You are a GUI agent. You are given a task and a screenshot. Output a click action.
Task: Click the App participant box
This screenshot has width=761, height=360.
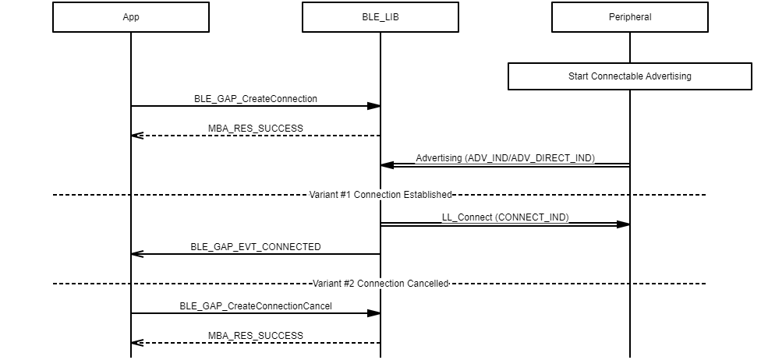(x=131, y=17)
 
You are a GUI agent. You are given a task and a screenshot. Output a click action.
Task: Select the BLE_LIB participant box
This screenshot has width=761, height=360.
(x=380, y=17)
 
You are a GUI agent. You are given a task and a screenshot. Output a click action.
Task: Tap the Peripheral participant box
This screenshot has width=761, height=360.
(x=629, y=17)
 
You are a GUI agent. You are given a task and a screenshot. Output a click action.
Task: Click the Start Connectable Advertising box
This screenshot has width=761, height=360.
(x=629, y=76)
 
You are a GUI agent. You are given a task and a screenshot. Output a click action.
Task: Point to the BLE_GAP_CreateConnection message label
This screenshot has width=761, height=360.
(x=256, y=99)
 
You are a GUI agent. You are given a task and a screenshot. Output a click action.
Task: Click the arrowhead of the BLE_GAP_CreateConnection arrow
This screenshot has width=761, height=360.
(x=373, y=106)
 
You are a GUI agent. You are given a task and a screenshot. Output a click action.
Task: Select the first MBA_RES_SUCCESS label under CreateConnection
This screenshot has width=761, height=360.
(x=256, y=129)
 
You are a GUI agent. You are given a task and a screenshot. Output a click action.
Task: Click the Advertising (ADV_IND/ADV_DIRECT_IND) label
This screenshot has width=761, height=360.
(x=505, y=158)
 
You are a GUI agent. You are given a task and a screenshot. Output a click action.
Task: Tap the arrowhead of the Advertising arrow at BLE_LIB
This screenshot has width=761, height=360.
(x=388, y=165)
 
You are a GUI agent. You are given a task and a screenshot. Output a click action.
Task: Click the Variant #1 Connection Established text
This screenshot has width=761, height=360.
(x=380, y=194)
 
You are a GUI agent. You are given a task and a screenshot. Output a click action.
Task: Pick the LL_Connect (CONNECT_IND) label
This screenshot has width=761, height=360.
(x=505, y=217)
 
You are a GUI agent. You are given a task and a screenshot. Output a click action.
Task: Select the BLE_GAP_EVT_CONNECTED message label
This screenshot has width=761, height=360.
(x=256, y=247)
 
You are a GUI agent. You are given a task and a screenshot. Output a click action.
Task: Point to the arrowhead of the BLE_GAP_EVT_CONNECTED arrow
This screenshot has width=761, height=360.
(x=137, y=254)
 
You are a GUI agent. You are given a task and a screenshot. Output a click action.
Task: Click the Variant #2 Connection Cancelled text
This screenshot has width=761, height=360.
(x=380, y=284)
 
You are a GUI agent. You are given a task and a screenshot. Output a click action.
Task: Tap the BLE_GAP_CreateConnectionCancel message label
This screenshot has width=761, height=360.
(x=256, y=306)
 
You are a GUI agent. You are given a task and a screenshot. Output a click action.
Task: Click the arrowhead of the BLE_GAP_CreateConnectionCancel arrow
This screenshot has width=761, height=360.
(x=373, y=313)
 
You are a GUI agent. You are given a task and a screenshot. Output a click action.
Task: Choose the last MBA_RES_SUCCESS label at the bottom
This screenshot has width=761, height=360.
(x=256, y=336)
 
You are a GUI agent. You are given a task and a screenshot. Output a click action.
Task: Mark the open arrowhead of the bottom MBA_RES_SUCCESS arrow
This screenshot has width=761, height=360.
(x=137, y=343)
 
